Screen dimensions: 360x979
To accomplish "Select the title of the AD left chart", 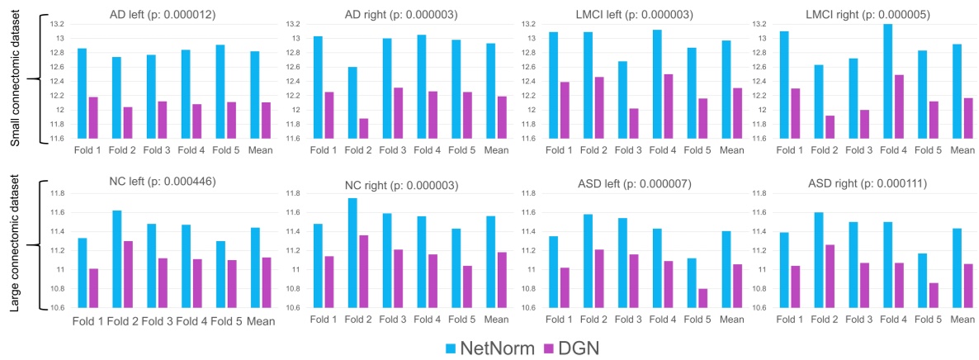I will pyautogui.click(x=163, y=15).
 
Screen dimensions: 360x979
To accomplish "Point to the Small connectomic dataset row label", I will pyautogui.click(x=16, y=79).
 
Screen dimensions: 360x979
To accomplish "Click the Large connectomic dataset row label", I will pyautogui.click(x=16, y=246).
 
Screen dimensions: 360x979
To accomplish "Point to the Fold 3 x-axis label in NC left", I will pyautogui.click(x=157, y=321).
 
